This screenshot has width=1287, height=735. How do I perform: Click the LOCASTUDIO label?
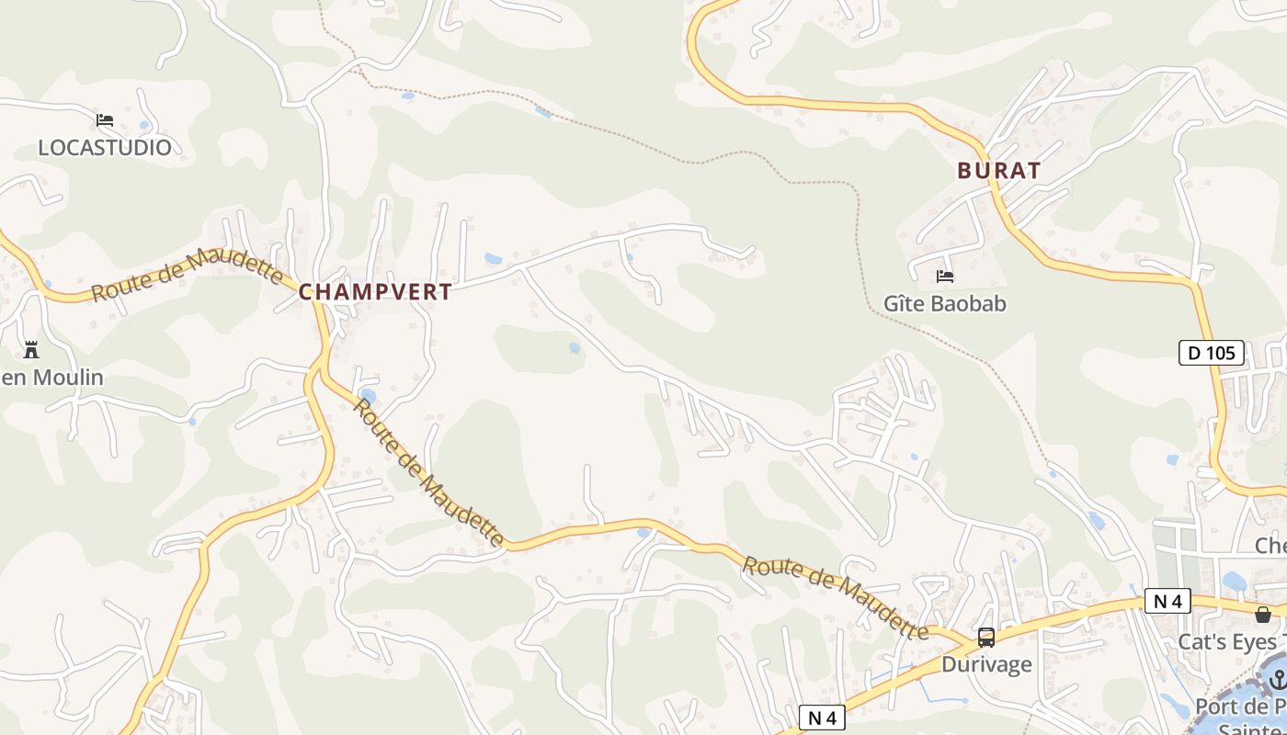point(105,147)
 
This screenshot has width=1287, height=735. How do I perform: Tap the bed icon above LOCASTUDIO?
point(105,120)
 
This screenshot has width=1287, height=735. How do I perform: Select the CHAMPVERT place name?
point(375,292)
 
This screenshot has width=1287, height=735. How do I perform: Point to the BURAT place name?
point(999,171)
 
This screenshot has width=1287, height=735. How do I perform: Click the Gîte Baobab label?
point(945,303)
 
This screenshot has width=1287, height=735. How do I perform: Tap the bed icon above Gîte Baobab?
point(945,276)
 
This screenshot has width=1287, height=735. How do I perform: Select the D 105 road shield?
point(1212,353)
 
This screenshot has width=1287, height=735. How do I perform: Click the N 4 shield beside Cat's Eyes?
point(1167,602)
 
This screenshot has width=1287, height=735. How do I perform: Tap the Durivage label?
point(986,664)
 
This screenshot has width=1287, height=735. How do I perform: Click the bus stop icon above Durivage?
point(986,637)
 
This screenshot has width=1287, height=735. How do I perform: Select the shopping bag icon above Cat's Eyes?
point(1263,614)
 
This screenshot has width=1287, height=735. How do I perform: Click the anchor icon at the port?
point(1278,679)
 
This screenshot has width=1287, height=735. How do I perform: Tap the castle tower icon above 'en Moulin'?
point(31,350)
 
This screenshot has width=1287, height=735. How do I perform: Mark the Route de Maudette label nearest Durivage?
point(835,596)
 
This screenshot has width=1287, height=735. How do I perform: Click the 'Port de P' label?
point(1240,707)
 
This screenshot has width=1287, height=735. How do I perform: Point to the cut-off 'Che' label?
point(1270,546)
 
